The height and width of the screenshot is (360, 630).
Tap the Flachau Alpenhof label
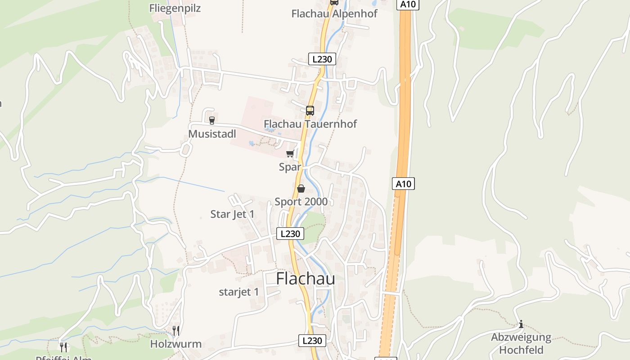pos(334,13)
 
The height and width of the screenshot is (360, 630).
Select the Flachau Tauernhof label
pos(310,124)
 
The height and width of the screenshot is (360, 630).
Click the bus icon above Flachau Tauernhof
pos(310,111)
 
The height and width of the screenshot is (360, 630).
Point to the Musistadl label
pos(212,134)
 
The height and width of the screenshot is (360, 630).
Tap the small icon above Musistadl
pos(212,120)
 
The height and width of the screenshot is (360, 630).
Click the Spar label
pos(290,167)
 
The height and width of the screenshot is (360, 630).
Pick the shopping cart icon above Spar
pos(290,154)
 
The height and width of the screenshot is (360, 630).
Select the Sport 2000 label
pos(301,202)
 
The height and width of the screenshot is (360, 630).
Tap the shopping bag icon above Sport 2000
pos(301,189)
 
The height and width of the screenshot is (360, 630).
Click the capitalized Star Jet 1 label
pos(232,214)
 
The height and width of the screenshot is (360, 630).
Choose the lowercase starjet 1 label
pos(239,292)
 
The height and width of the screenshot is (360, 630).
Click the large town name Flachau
pos(306,279)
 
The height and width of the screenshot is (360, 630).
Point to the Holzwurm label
pos(176,345)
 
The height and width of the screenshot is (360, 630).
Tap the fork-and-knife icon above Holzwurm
pos(176,331)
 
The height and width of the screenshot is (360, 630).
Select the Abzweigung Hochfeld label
pos(521,343)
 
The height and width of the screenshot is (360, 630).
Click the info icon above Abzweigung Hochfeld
pos(521,324)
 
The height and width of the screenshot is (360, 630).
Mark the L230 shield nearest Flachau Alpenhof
pos(322,59)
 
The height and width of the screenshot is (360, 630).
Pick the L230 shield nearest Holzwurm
pos(312,341)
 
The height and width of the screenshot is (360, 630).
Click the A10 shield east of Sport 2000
pos(403,184)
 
